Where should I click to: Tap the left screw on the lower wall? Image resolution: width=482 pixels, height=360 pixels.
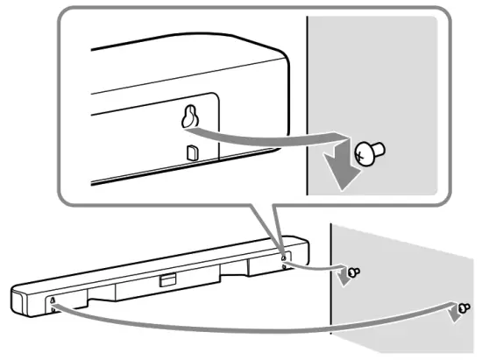352,273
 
